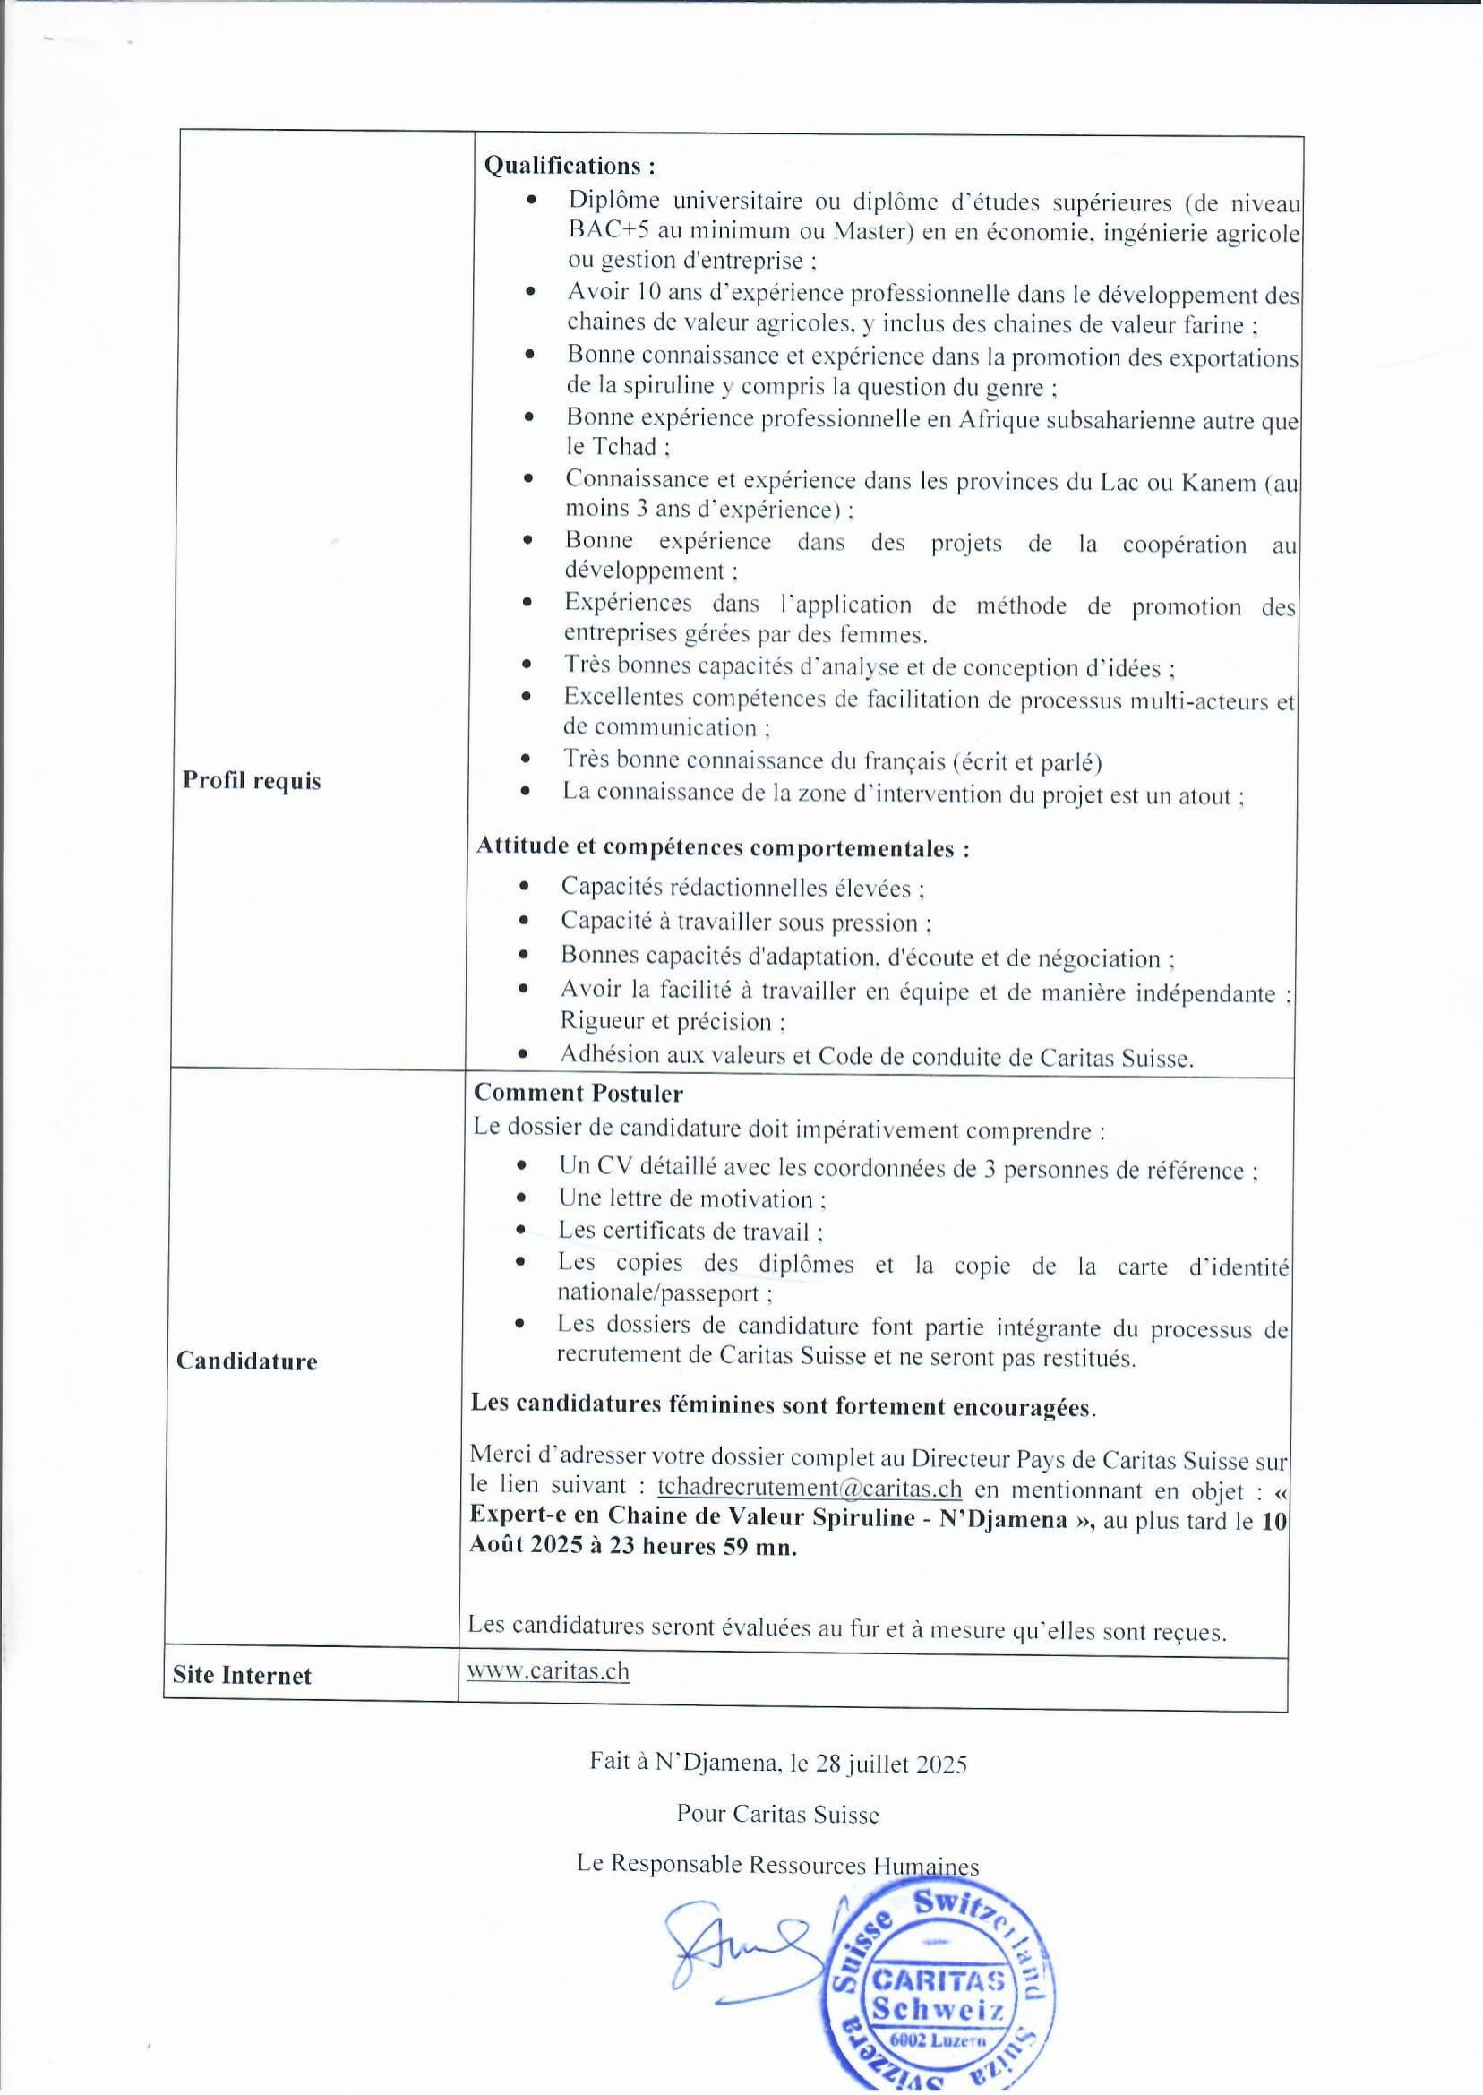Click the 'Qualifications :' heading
(x=569, y=167)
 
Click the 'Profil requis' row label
(x=252, y=781)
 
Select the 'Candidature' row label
(x=246, y=1361)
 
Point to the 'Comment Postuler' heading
(x=578, y=1093)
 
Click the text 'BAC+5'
(x=600, y=231)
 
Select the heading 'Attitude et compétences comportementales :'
(x=723, y=847)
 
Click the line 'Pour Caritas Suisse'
(x=777, y=1814)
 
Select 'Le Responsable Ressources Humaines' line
(x=777, y=1864)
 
